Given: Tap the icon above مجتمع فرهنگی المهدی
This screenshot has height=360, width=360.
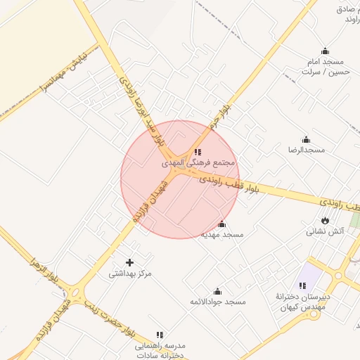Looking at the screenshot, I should [x=198, y=152].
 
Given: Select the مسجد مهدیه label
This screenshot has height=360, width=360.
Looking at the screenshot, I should [x=222, y=235].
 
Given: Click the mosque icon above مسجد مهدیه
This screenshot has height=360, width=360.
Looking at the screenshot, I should [x=222, y=224].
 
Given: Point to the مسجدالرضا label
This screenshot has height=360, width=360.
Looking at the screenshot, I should [x=306, y=150].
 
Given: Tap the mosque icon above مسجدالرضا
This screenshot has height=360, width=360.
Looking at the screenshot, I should [x=306, y=139].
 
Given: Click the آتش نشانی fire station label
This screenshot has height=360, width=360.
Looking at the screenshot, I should [x=325, y=231].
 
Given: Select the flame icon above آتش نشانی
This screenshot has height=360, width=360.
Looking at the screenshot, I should [x=325, y=221].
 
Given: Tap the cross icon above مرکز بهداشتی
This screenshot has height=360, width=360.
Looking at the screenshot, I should [x=129, y=262].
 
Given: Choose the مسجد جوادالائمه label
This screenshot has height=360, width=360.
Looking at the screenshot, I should [x=218, y=302].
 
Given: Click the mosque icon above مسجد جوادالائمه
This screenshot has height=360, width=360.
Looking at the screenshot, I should [x=217, y=291].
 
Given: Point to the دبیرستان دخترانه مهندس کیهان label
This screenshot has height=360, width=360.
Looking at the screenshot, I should [x=302, y=302].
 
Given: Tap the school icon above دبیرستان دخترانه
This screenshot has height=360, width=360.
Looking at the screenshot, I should [x=302, y=285].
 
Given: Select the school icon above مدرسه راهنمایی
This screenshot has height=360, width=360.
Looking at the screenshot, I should [x=160, y=335].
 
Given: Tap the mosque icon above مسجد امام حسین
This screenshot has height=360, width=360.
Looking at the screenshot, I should [x=325, y=51].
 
